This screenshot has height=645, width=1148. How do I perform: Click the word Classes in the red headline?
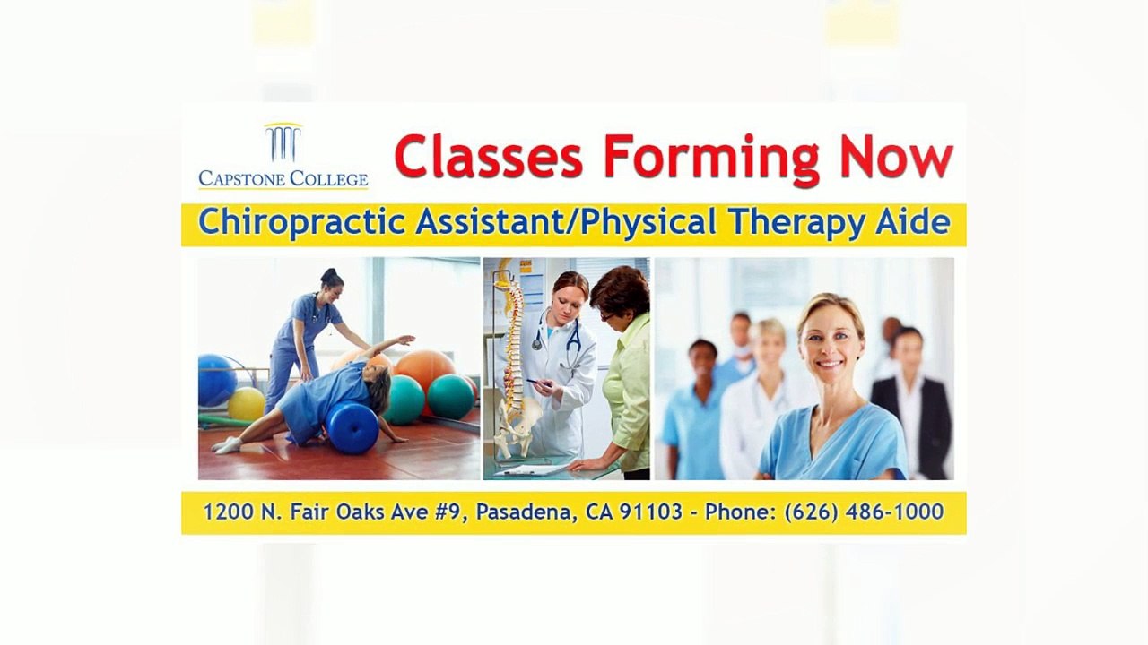[488, 157]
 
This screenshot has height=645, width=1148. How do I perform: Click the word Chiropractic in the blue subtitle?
[301, 222]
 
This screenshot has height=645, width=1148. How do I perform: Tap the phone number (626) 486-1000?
[864, 512]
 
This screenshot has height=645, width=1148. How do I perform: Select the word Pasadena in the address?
[523, 512]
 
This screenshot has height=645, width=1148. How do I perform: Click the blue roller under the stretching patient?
[352, 426]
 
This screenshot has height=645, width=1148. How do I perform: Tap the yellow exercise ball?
[246, 404]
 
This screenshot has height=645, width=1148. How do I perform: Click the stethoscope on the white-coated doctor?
[570, 345]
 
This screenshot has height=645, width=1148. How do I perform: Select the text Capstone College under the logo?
[283, 178]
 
